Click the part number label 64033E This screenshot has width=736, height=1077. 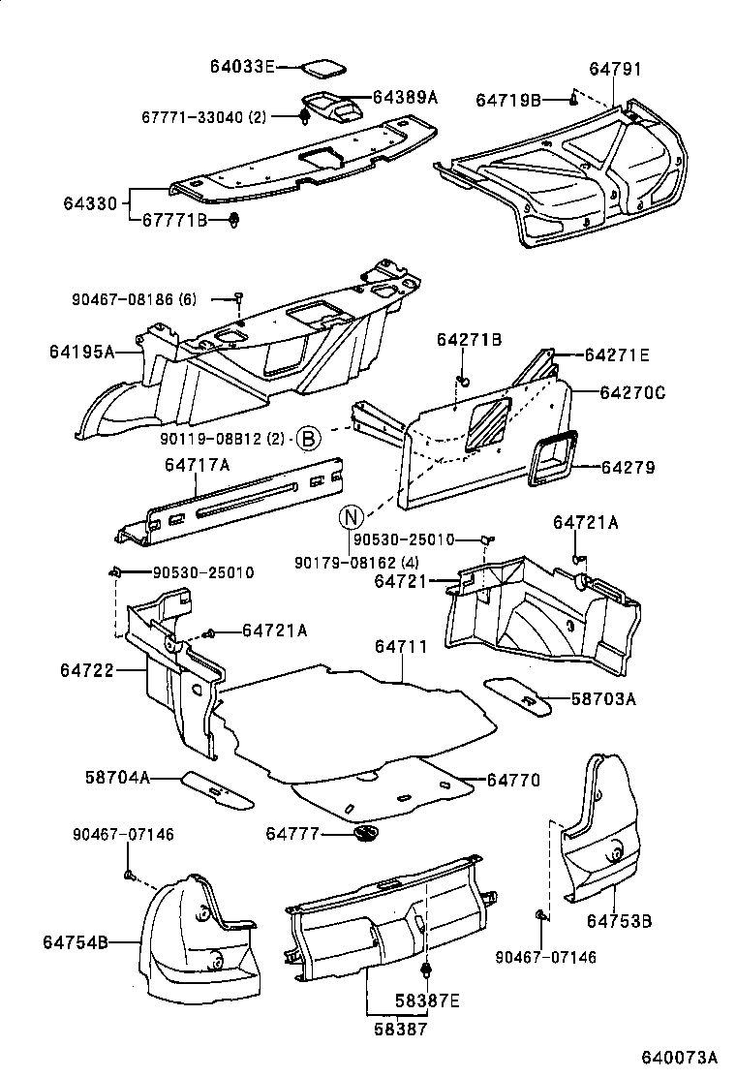tap(242, 67)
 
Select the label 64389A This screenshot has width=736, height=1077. tap(406, 97)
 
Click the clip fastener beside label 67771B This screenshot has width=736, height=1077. tap(235, 221)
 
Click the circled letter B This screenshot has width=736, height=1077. tap(307, 439)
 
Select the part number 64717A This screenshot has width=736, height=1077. tap(197, 465)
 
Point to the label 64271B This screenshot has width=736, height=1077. tap(469, 340)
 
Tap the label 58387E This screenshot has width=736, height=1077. tap(427, 1000)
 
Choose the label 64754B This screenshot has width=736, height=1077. tap(75, 940)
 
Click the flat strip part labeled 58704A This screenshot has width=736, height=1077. tap(217, 788)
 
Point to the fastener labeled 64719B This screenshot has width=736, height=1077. tap(574, 98)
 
